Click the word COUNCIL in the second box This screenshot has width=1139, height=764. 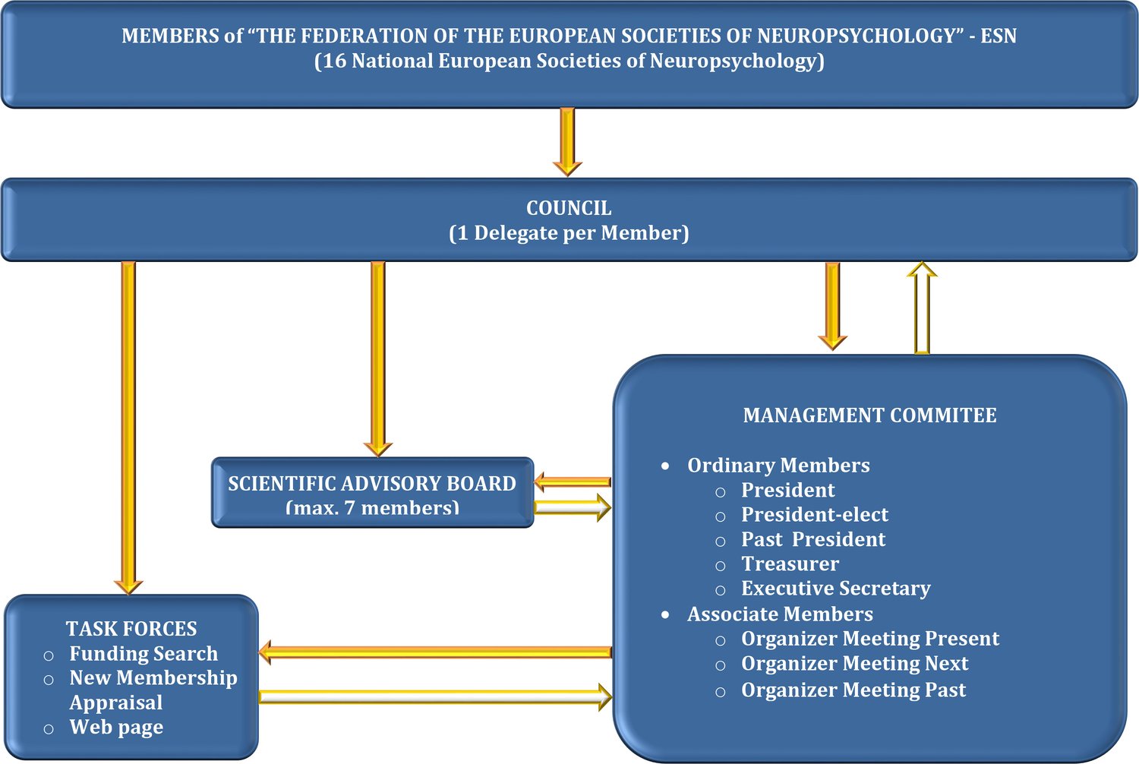(569, 208)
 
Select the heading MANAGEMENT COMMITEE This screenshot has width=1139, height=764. (869, 415)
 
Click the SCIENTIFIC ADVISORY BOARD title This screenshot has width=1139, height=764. (372, 484)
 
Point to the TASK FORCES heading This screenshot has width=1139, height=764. (131, 629)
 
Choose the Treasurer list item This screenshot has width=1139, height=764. (790, 564)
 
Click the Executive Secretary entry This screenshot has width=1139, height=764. (835, 589)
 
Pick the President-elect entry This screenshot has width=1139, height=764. (814, 515)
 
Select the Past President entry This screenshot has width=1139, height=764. (812, 539)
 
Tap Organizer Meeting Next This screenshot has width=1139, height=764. (854, 664)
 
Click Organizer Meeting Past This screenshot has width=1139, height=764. (853, 690)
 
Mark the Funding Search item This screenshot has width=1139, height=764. (144, 654)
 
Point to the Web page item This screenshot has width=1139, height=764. (116, 728)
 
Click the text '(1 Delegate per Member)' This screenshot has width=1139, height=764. (569, 233)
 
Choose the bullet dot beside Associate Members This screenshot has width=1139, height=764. (665, 614)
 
